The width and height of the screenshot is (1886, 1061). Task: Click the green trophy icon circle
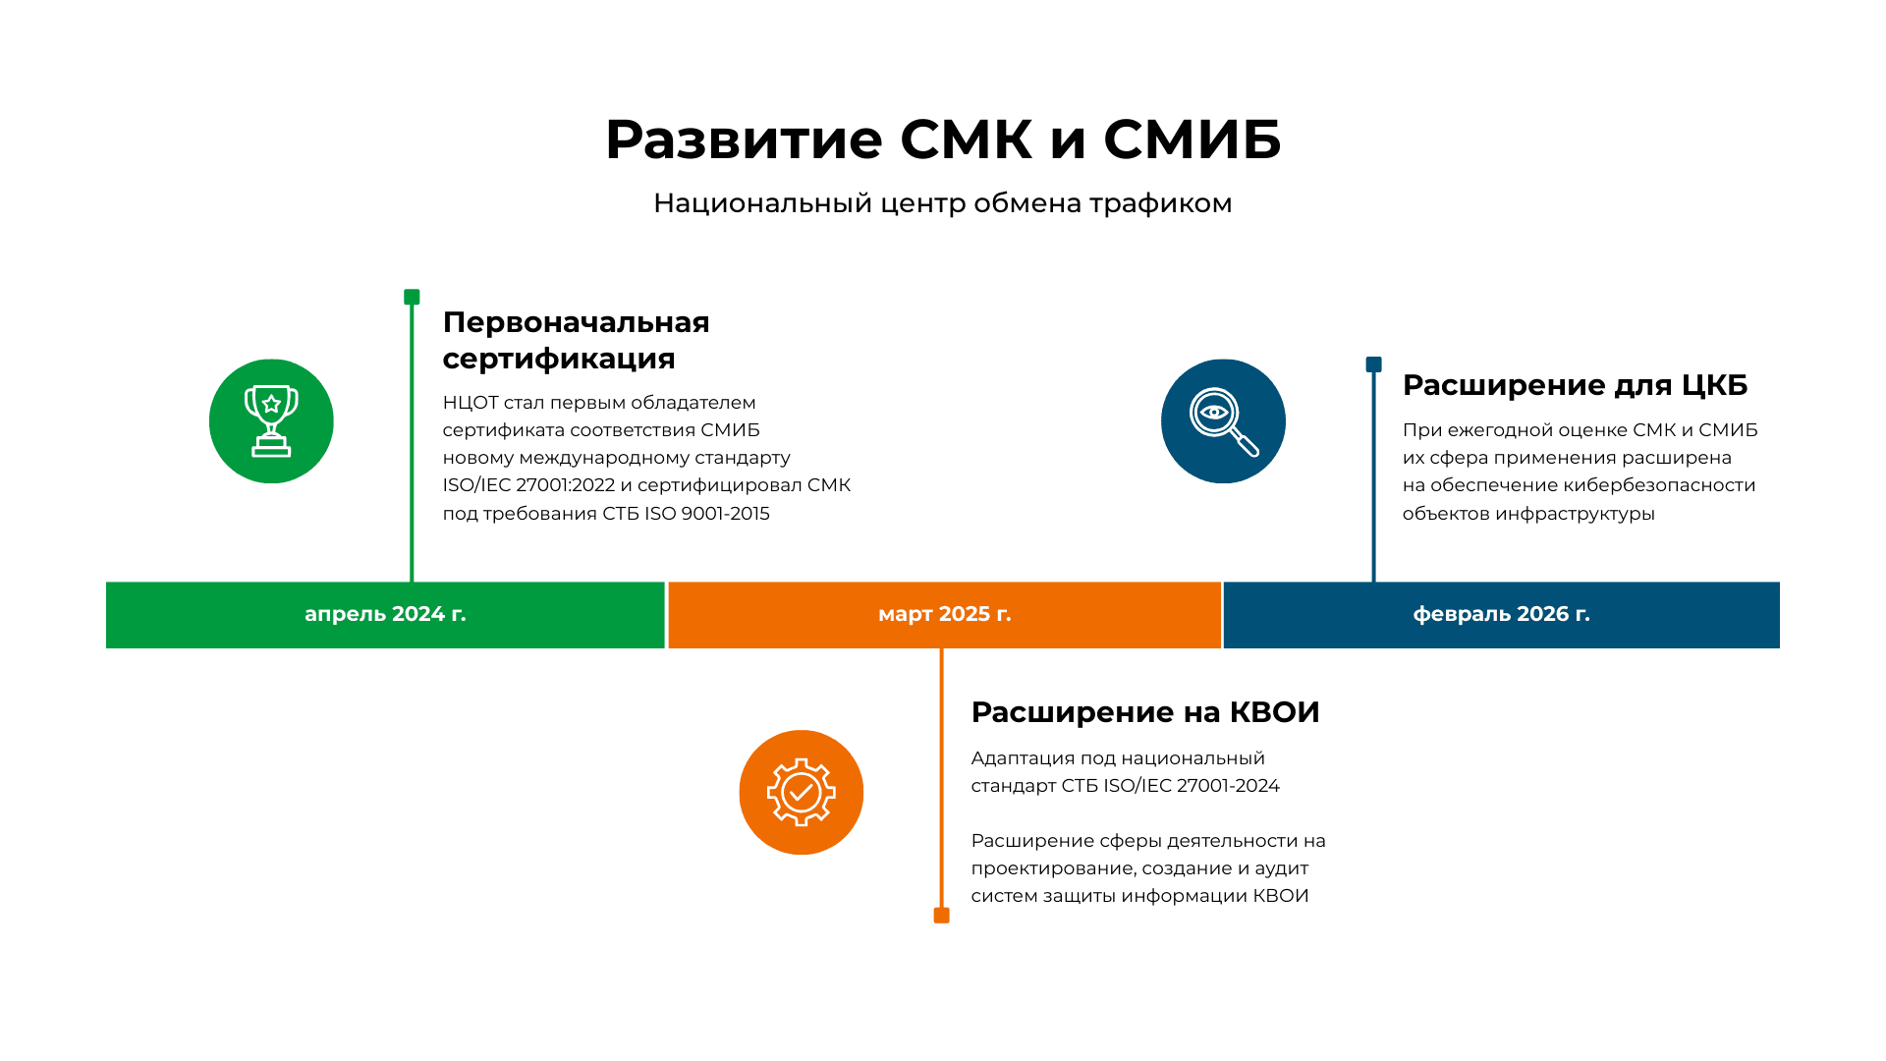tap(271, 421)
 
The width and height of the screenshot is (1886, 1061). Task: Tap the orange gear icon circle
tap(802, 792)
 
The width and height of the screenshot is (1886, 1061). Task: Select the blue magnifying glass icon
tap(1223, 421)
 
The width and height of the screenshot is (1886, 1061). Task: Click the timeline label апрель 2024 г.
tap(385, 614)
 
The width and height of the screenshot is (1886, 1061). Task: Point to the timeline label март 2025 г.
tap(944, 614)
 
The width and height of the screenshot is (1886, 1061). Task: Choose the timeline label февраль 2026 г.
tap(1501, 614)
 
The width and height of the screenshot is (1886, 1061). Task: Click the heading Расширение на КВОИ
tap(1145, 712)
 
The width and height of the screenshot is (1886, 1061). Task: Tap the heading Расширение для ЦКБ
tap(1575, 385)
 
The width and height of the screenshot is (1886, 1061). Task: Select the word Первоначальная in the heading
tap(576, 322)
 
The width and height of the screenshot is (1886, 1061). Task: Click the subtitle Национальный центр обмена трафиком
tap(943, 203)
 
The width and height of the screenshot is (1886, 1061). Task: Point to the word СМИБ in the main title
tap(1193, 139)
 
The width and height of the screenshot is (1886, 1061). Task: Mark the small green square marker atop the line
tap(412, 297)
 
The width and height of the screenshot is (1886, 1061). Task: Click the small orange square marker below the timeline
tap(941, 916)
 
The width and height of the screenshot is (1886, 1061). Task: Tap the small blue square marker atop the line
tap(1373, 364)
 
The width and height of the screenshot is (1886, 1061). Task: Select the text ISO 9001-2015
tap(707, 514)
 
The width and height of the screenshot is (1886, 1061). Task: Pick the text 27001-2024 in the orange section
tap(1228, 786)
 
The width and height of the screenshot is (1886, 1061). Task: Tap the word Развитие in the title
tap(744, 139)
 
